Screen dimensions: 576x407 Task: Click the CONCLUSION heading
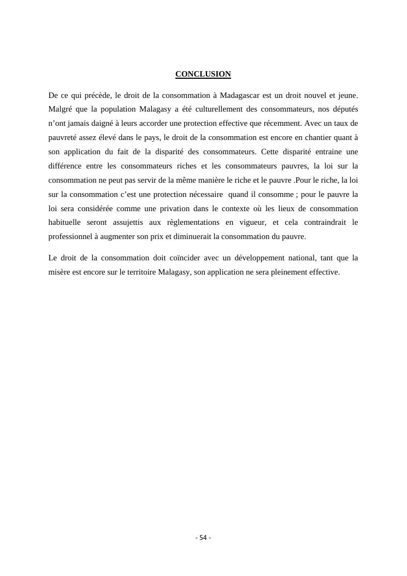click(203, 74)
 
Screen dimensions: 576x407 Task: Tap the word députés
click(345, 109)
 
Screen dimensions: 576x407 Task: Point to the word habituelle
click(64, 223)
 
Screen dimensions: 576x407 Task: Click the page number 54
click(203, 538)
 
